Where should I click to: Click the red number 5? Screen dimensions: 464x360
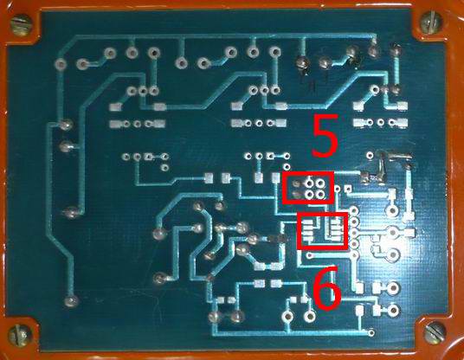click(325, 136)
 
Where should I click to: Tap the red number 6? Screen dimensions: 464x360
click(327, 288)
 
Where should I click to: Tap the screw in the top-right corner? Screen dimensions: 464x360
click(431, 22)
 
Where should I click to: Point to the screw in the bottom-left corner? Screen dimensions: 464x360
click(20, 335)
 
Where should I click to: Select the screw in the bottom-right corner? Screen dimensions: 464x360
click(435, 332)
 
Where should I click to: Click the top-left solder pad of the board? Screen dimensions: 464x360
click(61, 63)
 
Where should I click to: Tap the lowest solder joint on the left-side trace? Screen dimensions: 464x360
click(71, 301)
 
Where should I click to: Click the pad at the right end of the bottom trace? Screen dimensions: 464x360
click(371, 333)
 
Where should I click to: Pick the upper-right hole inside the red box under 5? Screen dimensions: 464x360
click(319, 183)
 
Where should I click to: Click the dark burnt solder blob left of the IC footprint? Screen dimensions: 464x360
click(278, 239)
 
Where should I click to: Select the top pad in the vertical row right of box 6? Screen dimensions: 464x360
click(354, 210)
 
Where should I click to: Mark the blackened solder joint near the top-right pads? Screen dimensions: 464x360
click(353, 60)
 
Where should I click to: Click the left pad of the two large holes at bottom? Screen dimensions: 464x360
click(287, 316)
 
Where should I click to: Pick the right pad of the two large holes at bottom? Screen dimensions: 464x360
click(310, 316)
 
